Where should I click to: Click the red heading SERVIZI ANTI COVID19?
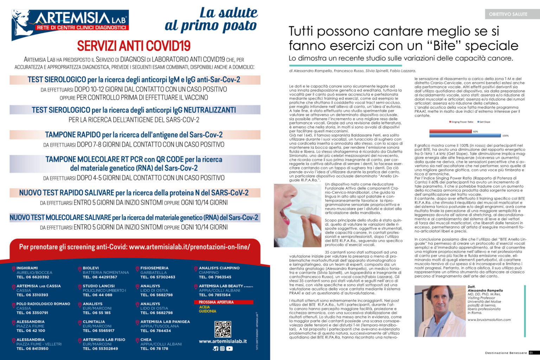pyautogui.click(x=134, y=46)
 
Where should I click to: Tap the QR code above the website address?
pyautogui.click(x=223, y=329)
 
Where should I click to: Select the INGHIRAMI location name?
pyautogui.click(x=27, y=268)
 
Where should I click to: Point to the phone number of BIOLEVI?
pyautogui.click(x=100, y=277)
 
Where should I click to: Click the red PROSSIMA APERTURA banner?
pyautogui.click(x=223, y=302)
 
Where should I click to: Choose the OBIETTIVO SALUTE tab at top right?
pyautogui.click(x=508, y=14)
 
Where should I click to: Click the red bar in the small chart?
pyautogui.click(x=450, y=131)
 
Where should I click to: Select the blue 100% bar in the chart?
pyautogui.click(x=465, y=135)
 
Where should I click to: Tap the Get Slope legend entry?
pyautogui.click(x=484, y=122)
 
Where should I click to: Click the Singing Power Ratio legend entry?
pyautogui.click(x=462, y=122)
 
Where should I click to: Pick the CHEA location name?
pyautogui.click(x=146, y=340)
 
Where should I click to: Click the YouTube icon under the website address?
pyautogui.click(x=230, y=348)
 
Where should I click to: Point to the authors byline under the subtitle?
pyautogui.click(x=352, y=71)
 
